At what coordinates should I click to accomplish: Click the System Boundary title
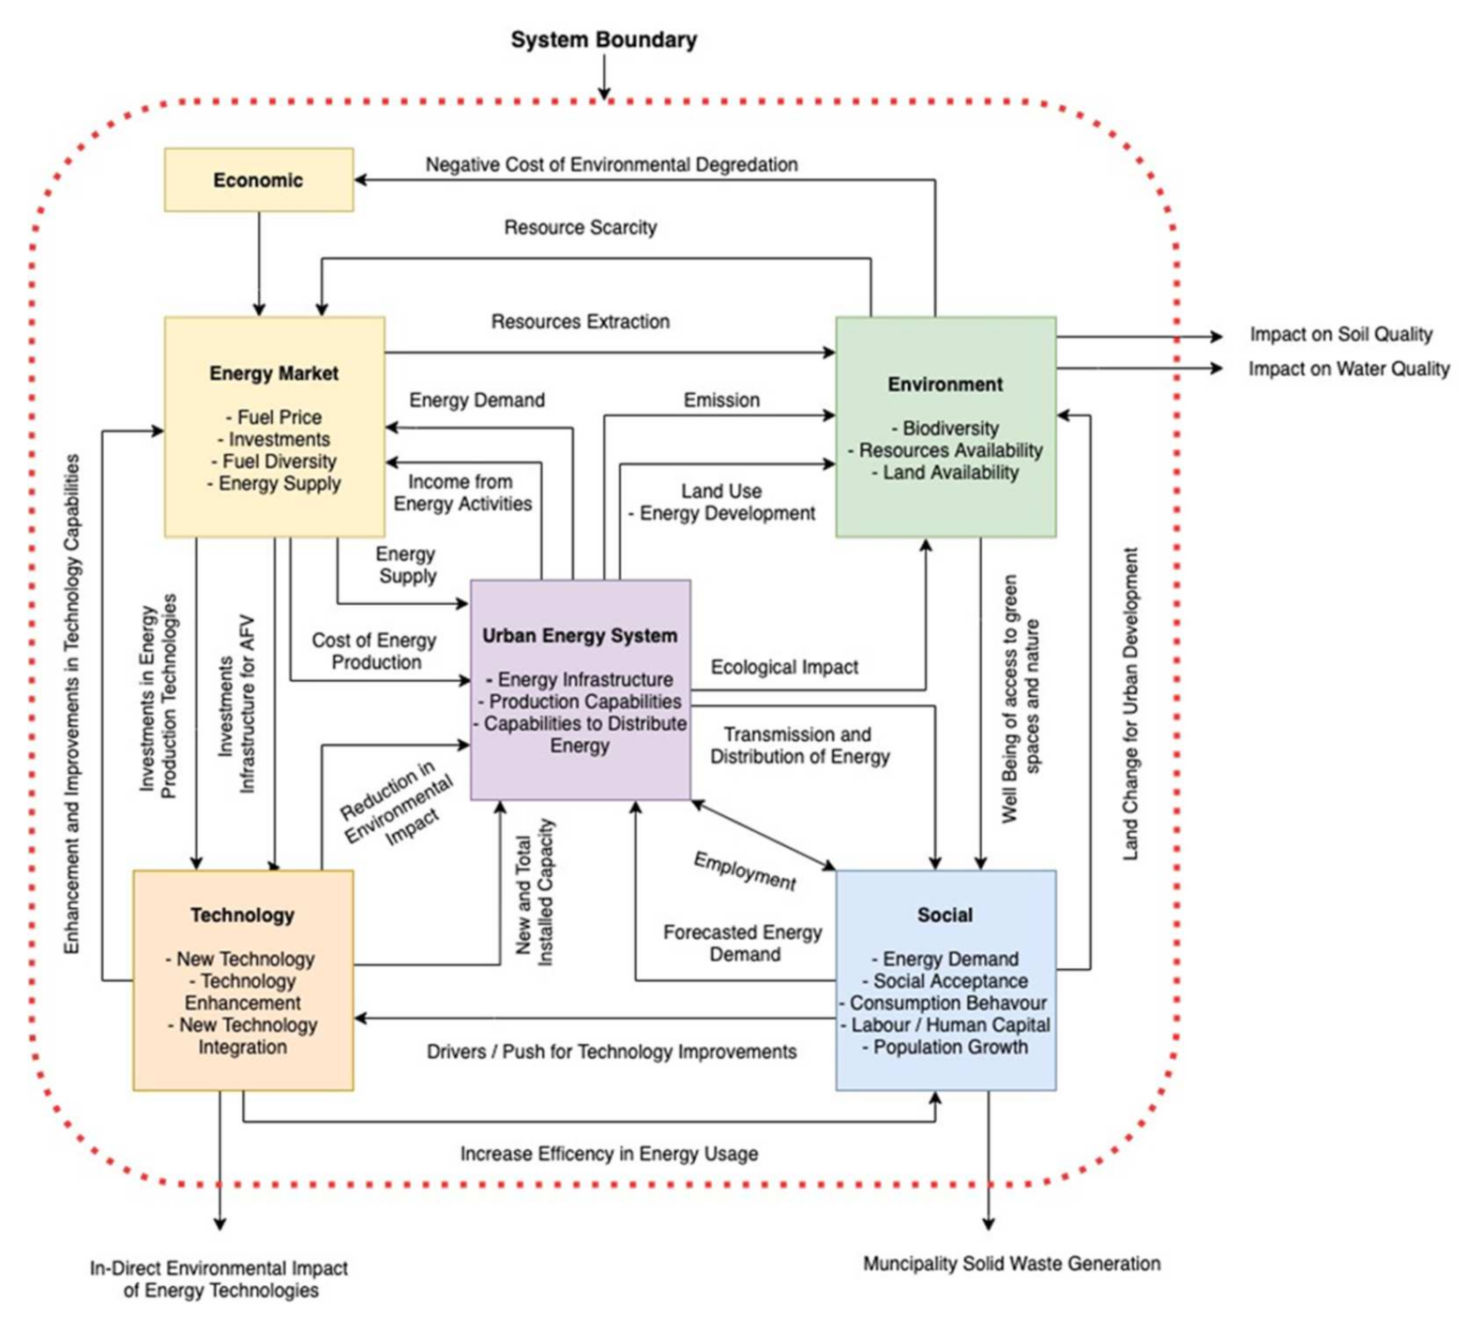(603, 40)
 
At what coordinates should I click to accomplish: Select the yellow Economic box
(258, 180)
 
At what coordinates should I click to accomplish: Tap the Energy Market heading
(273, 373)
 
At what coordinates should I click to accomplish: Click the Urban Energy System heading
(579, 636)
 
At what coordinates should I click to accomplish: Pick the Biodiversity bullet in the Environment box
(945, 429)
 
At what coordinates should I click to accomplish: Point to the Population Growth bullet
(945, 1047)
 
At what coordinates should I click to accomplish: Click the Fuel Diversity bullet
(273, 462)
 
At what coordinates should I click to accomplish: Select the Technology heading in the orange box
(242, 916)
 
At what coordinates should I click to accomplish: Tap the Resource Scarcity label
(580, 228)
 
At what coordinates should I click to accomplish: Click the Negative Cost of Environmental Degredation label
(611, 165)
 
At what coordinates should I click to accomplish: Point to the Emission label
(720, 401)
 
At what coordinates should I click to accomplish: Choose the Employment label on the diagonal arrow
(745, 871)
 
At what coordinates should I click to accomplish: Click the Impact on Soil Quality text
(1339, 335)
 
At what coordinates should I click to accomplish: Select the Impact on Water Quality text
(1348, 370)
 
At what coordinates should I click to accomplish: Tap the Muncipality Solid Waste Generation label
(1011, 1264)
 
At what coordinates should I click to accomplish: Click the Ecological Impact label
(783, 667)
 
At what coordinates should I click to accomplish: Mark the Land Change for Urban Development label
(1130, 704)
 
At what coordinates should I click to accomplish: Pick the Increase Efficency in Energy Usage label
(609, 1154)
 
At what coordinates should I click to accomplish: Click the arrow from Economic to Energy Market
(259, 263)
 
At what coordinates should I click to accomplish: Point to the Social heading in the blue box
(945, 916)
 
